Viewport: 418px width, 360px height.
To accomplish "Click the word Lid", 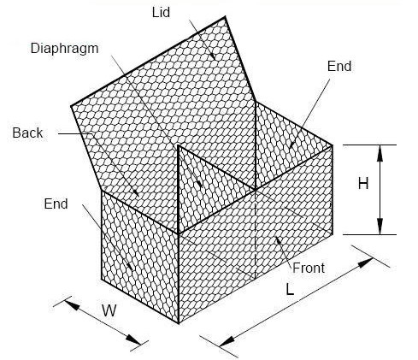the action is pyautogui.click(x=161, y=13).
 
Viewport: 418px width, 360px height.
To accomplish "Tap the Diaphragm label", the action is pyautogui.click(x=65, y=49).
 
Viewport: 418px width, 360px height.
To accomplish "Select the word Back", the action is pyautogui.click(x=27, y=133).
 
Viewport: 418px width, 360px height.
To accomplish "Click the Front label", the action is pyautogui.click(x=309, y=268).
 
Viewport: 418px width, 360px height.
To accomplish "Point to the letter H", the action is pyautogui.click(x=363, y=183).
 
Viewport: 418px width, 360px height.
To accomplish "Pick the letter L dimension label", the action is pyautogui.click(x=290, y=290).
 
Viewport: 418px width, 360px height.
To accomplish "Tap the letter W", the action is pyautogui.click(x=109, y=310).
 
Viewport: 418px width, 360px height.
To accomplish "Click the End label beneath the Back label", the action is pyautogui.click(x=56, y=204).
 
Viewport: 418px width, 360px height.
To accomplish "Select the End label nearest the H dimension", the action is pyautogui.click(x=339, y=66).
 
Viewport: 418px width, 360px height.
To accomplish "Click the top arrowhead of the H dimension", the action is pyautogui.click(x=380, y=153).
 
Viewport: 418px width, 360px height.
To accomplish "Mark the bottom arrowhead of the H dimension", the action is pyautogui.click(x=380, y=227).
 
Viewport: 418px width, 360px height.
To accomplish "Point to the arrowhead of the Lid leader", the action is pyautogui.click(x=212, y=56).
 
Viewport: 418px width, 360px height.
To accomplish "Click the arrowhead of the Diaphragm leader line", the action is pyautogui.click(x=199, y=183).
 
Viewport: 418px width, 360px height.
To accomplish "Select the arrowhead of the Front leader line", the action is pyautogui.click(x=278, y=241).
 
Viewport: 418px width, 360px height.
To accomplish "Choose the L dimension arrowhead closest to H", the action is pyautogui.click(x=365, y=263).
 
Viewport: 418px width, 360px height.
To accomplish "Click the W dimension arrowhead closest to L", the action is pyautogui.click(x=133, y=339).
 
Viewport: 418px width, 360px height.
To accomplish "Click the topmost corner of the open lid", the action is pyautogui.click(x=226, y=17).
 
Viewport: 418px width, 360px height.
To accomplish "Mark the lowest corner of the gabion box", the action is pyautogui.click(x=179, y=323).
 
